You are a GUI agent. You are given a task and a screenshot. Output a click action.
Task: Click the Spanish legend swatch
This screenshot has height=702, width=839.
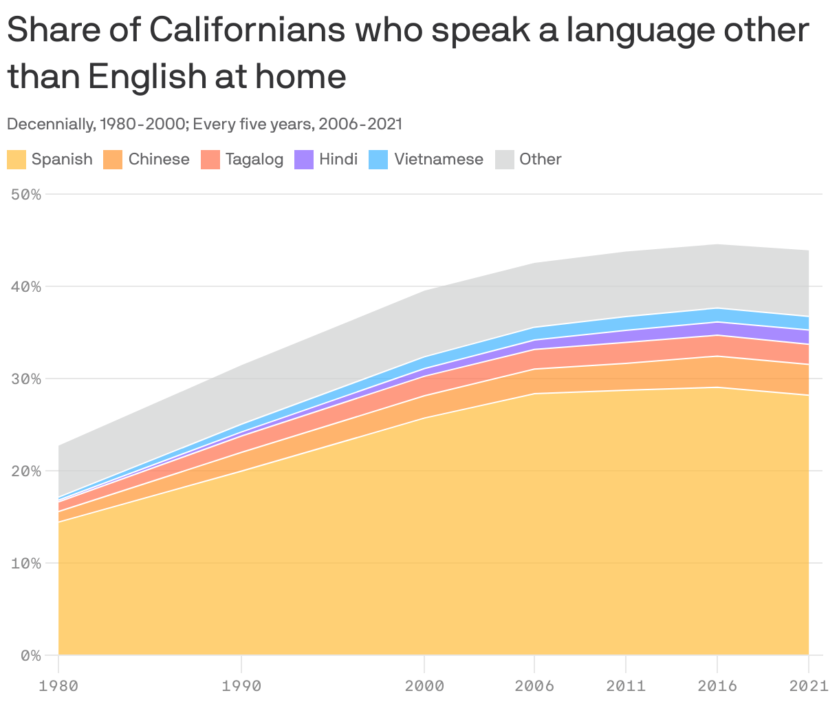tap(17, 160)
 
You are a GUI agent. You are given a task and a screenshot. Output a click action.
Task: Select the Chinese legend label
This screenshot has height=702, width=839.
tap(159, 160)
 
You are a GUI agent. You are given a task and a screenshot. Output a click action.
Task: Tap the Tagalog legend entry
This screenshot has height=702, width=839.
tap(254, 160)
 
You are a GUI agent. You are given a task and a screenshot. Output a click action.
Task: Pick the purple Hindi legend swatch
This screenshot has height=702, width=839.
tap(304, 160)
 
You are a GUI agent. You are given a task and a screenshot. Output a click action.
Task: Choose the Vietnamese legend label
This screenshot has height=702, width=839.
tap(439, 160)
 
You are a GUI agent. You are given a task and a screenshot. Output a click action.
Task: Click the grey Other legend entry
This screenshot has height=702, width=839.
tap(540, 160)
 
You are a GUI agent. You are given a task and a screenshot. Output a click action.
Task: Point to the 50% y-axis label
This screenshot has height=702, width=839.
tap(26, 195)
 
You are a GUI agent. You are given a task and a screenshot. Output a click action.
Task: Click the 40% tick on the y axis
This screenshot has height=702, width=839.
tap(26, 287)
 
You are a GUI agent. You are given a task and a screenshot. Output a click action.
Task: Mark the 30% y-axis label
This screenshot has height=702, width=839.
tap(26, 379)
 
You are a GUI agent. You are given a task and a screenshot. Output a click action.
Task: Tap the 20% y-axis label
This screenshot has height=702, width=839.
tap(26, 471)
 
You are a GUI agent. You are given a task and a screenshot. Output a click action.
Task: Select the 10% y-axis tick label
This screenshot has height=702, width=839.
tap(26, 564)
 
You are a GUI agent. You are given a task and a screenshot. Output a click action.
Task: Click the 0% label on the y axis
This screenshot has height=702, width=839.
tap(30, 656)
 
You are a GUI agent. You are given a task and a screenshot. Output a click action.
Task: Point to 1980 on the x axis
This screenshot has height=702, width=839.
tap(58, 685)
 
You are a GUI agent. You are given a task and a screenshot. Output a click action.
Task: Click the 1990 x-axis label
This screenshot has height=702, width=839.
tap(241, 685)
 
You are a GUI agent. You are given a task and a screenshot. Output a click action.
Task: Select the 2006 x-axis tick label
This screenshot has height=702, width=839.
tap(534, 685)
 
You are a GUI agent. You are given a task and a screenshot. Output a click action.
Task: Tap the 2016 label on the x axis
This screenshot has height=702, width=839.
tap(717, 685)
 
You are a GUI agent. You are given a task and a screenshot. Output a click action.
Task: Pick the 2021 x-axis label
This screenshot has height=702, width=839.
tap(809, 685)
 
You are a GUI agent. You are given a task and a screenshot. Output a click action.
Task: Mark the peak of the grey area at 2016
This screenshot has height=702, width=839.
tap(717, 245)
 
